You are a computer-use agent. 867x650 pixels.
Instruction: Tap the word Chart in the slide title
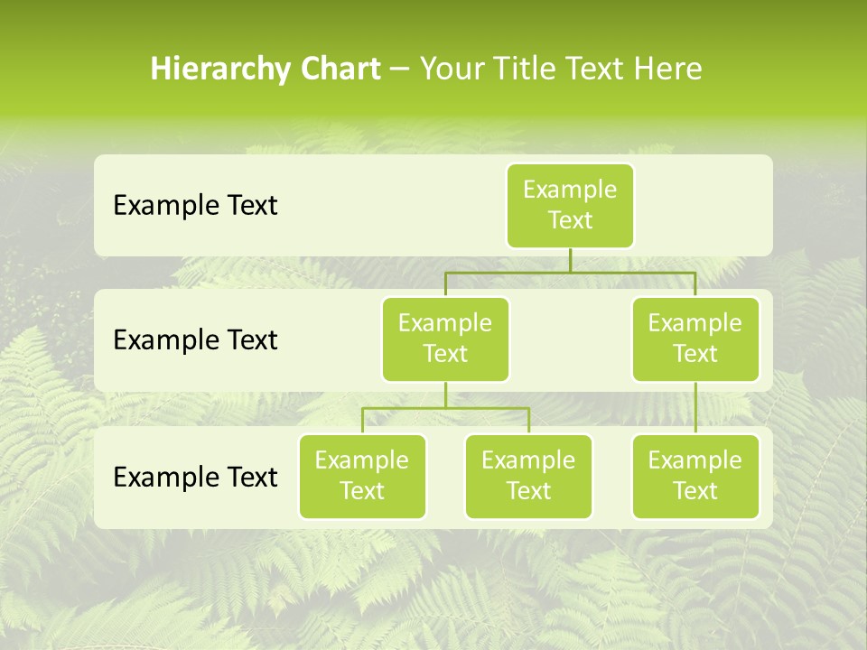(335, 70)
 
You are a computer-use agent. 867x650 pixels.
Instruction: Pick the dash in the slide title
(400, 70)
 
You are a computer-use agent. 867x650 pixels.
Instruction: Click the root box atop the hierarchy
(570, 205)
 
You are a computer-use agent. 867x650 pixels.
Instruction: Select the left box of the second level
(445, 339)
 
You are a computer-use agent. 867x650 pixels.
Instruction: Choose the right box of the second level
(695, 339)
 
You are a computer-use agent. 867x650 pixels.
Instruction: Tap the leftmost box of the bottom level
(362, 476)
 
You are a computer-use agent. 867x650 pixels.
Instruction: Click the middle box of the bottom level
(528, 476)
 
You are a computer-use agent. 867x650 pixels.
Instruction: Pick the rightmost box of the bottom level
(695, 476)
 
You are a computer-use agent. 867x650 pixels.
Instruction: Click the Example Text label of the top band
(195, 206)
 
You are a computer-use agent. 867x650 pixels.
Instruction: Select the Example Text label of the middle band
(195, 340)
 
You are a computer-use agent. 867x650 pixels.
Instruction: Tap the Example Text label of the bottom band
(195, 477)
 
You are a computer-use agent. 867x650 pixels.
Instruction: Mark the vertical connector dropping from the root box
(570, 260)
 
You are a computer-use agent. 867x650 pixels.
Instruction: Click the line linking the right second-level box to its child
(695, 408)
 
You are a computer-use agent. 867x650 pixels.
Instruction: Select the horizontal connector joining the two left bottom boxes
(488, 408)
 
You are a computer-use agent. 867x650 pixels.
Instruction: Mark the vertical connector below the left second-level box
(445, 395)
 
